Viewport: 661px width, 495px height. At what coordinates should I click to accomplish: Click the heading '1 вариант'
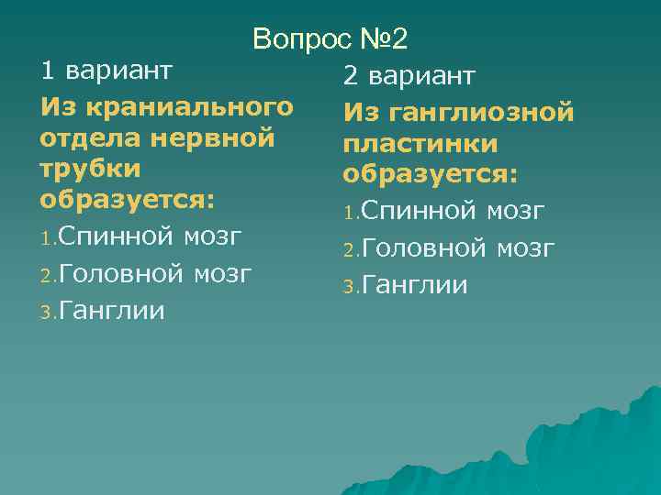click(x=106, y=70)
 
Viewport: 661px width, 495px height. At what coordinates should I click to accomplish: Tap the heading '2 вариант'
click(x=409, y=76)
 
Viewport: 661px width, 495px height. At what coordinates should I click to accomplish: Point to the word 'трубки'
click(x=90, y=169)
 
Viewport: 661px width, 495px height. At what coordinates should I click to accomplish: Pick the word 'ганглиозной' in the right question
click(x=481, y=113)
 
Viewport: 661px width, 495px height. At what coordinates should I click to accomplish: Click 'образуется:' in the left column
click(x=128, y=200)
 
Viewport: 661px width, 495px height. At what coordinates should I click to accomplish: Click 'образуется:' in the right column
click(x=431, y=175)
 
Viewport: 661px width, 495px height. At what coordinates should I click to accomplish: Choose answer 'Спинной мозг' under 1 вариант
click(x=151, y=236)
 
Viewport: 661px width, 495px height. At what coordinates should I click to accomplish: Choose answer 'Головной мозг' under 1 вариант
click(x=156, y=273)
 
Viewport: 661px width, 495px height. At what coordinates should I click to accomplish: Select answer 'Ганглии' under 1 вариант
click(x=113, y=311)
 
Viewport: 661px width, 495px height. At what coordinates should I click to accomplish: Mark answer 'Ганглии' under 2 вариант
click(x=415, y=286)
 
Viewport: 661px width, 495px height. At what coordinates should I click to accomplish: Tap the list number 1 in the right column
click(x=350, y=214)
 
